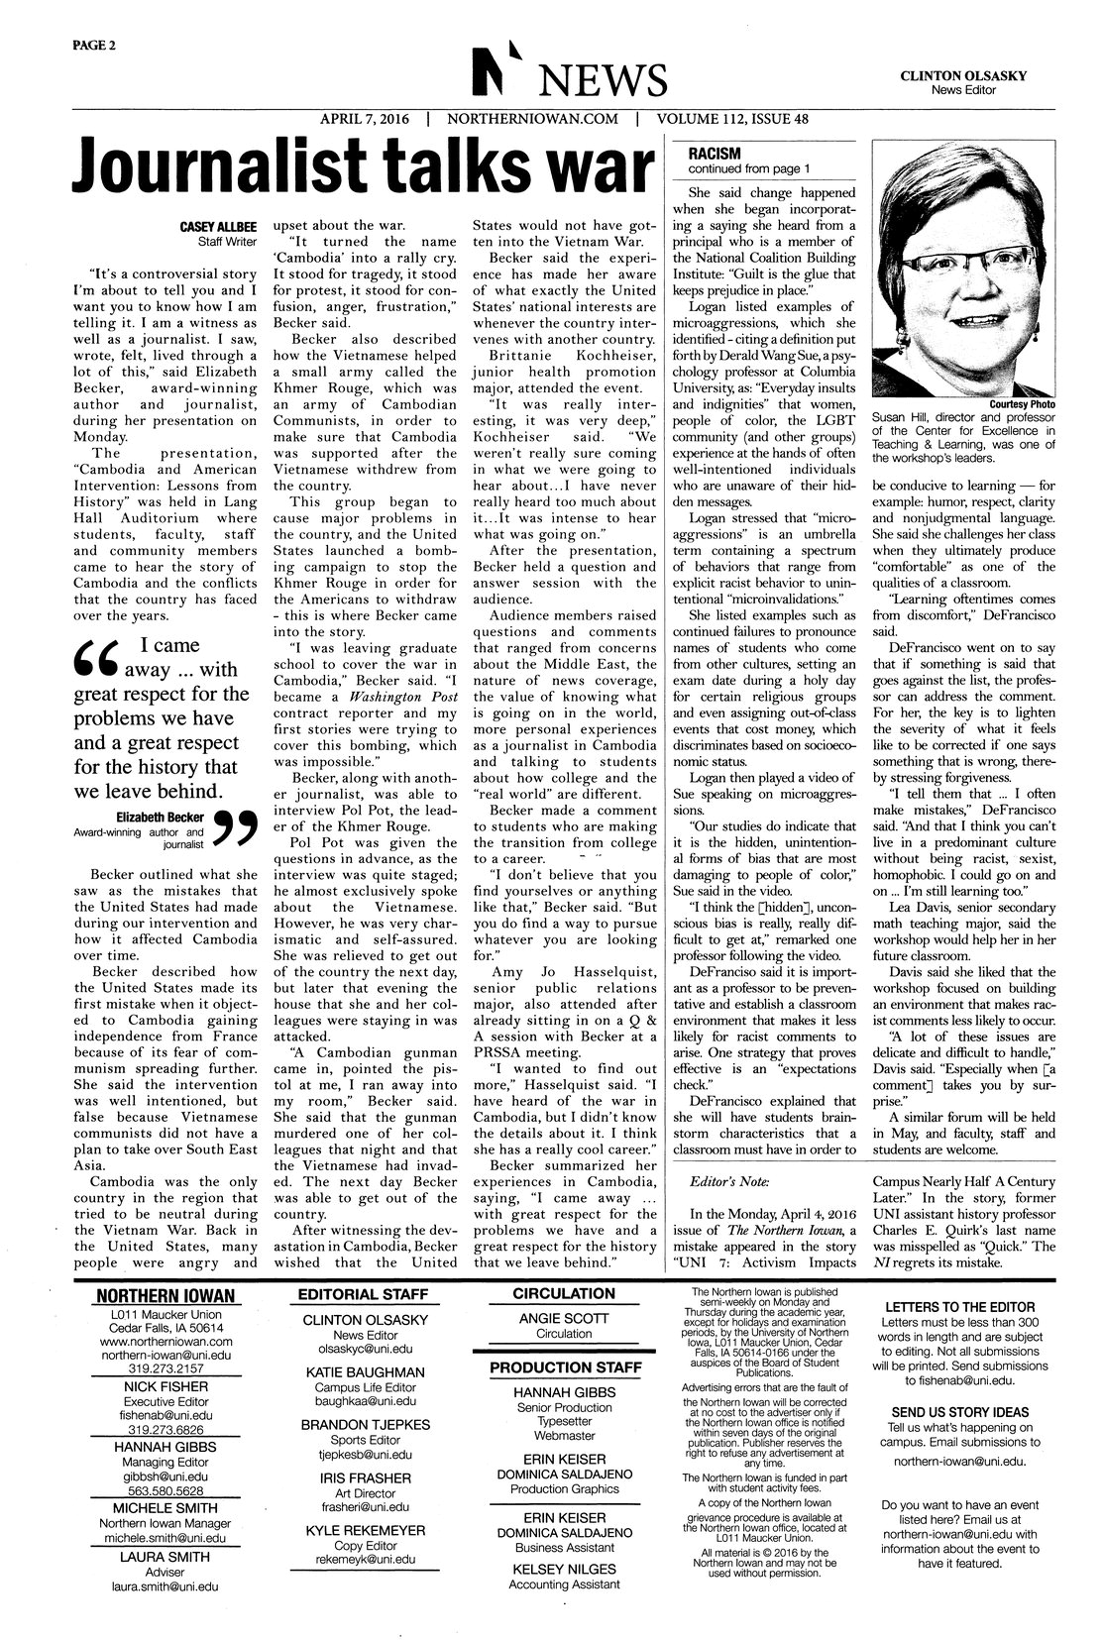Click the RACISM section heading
pyautogui.click(x=708, y=154)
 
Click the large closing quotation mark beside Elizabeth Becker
pyautogui.click(x=236, y=832)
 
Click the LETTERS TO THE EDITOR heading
pyautogui.click(x=959, y=1307)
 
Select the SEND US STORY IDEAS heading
pyautogui.click(x=959, y=1412)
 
